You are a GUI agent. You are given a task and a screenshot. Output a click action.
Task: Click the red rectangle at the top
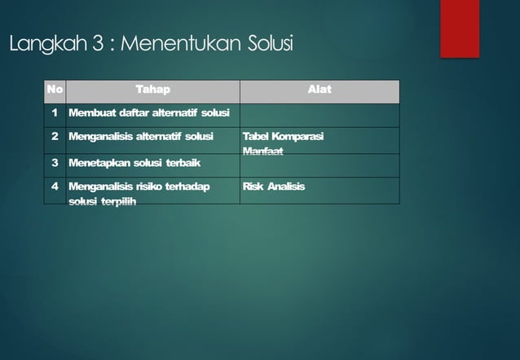(x=460, y=29)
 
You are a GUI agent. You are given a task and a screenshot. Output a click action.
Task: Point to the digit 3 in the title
(x=97, y=44)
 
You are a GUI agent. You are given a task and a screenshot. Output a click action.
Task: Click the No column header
(x=55, y=90)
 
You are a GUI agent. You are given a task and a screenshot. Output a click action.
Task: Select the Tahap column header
(x=152, y=90)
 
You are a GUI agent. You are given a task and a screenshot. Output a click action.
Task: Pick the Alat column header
(x=319, y=90)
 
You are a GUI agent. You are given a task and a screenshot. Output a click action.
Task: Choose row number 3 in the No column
(x=55, y=163)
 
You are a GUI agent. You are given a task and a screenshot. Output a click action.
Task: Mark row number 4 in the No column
(x=55, y=187)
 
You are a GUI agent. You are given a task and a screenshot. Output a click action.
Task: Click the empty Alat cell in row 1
(x=319, y=114)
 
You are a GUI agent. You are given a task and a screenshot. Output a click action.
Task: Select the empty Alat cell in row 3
(x=319, y=165)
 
